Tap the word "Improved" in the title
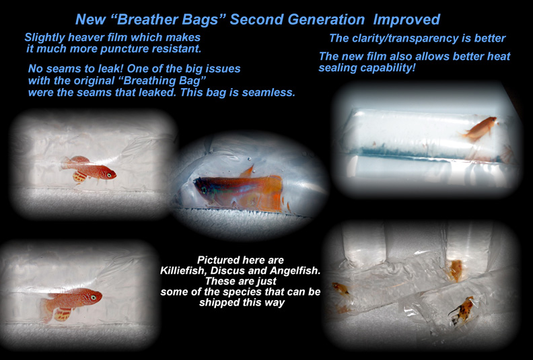(409, 19)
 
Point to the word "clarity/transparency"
(404, 38)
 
